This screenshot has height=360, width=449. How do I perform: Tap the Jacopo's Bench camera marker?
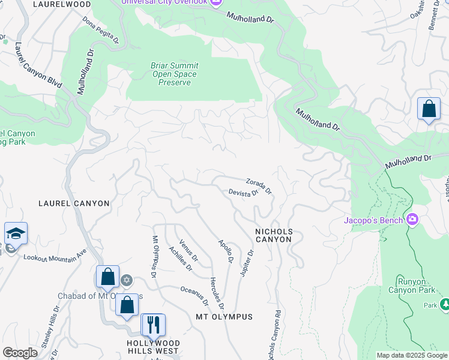coord(412,219)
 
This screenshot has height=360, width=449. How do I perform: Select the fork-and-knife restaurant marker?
coord(152,325)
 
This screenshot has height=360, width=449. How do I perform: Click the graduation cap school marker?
coord(16,233)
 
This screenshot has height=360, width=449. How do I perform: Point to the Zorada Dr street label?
coord(259,186)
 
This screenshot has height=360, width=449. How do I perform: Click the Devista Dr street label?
coord(243,193)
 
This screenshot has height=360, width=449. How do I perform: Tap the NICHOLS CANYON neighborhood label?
coord(274,235)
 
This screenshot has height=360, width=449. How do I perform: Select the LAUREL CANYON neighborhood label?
coord(74,203)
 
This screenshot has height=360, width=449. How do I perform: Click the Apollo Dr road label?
coord(226,251)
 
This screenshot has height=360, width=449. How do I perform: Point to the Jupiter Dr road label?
coord(247,263)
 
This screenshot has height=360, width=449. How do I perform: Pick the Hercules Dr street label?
coord(217,293)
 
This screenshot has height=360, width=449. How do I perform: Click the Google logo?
coord(20,353)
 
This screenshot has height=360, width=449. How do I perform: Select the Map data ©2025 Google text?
coord(411,355)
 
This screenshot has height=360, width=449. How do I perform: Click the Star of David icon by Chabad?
coord(126,280)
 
